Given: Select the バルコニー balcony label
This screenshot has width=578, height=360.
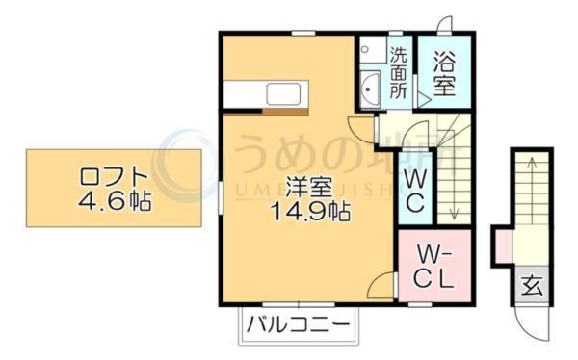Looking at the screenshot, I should [297, 324].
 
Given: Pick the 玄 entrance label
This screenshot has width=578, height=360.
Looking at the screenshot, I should [531, 285].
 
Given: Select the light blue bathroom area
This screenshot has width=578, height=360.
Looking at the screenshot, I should [444, 72].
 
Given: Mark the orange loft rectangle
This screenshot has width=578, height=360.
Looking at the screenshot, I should [113, 188].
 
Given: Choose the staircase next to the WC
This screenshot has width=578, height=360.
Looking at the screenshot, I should [453, 173].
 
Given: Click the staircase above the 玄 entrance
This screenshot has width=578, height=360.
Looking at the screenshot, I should [531, 207].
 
